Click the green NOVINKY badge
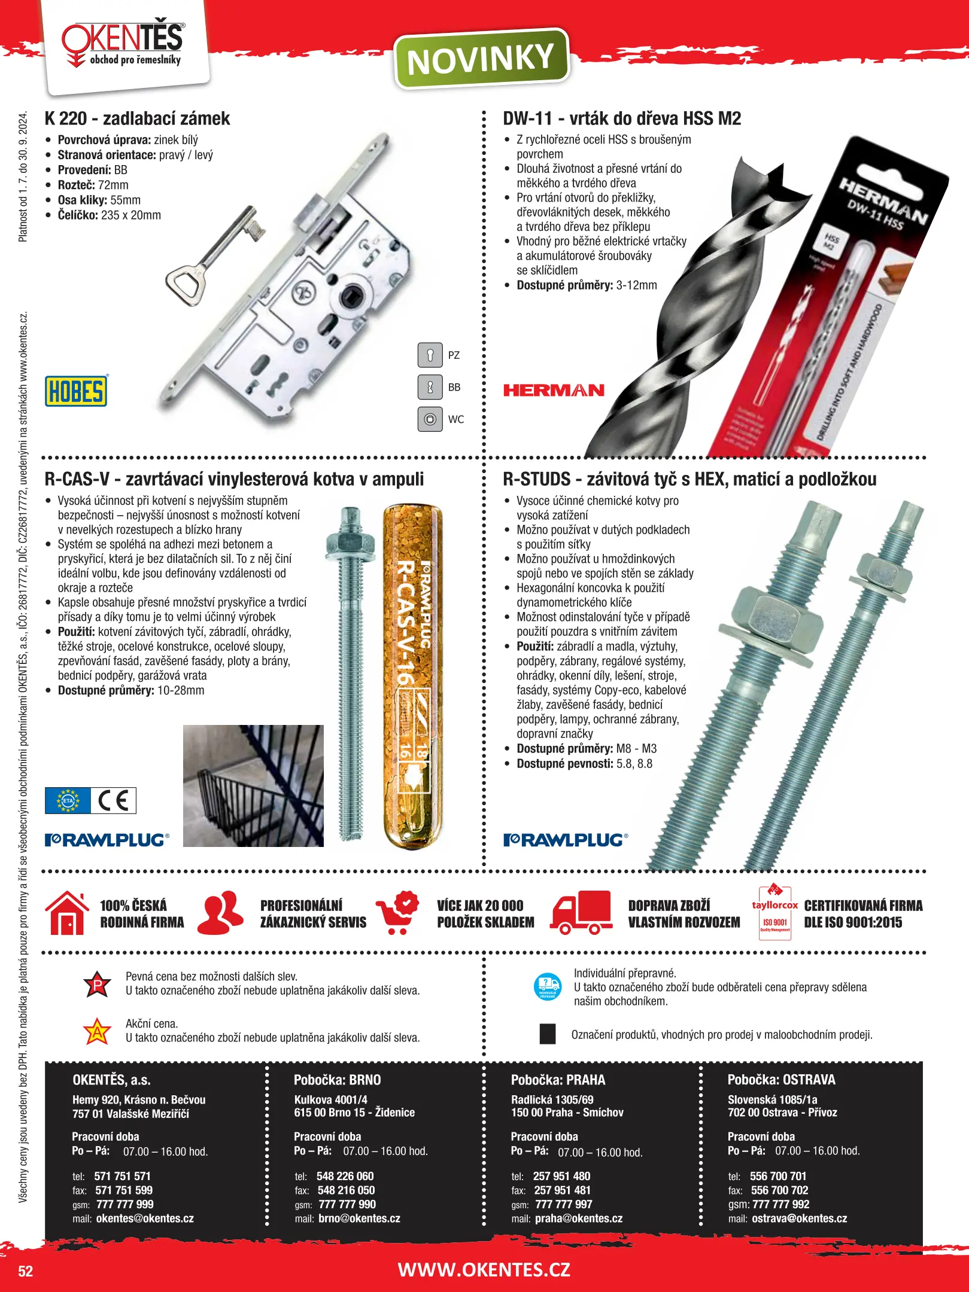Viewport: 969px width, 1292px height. coord(481,59)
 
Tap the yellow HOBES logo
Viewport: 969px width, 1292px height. coord(76,391)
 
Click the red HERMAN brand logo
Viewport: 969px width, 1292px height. coord(554,391)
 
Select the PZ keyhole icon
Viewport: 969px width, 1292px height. coord(430,355)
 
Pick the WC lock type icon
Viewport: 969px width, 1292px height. coord(430,419)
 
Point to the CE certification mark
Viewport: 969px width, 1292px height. coord(114,800)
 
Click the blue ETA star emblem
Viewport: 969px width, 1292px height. coord(68,800)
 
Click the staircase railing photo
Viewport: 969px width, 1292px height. coord(253,785)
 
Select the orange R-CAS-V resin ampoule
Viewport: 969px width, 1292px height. coord(412,677)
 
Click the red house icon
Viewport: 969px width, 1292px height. coord(68,913)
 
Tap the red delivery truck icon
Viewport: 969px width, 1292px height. coord(581,913)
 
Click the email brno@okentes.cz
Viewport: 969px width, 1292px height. coord(359,1218)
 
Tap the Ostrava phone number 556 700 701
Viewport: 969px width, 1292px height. coord(778,1176)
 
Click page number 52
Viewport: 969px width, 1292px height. coord(26,1271)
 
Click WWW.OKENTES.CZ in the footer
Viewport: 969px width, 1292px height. coord(484,1269)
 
